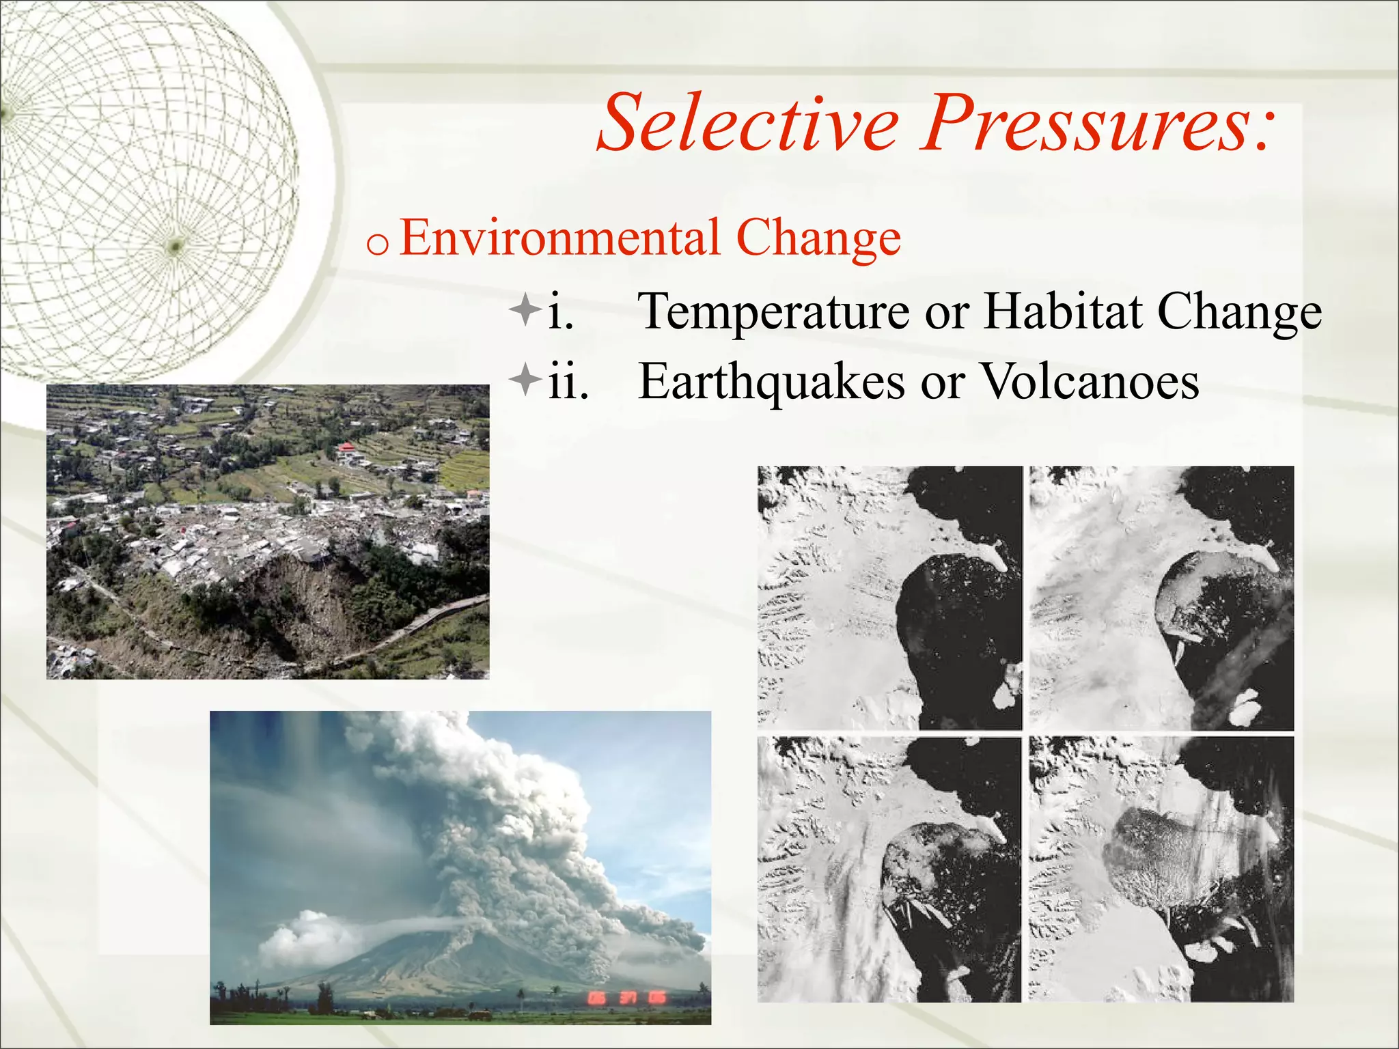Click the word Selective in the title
pyautogui.click(x=748, y=123)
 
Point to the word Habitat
pyautogui.click(x=1062, y=311)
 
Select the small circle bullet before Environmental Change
pyautogui.click(x=377, y=244)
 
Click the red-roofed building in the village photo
pyautogui.click(x=346, y=448)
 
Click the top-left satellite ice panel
pyautogui.click(x=889, y=598)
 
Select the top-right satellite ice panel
pyautogui.click(x=1161, y=598)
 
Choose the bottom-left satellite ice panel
pyautogui.click(x=889, y=869)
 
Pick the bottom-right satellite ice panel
pyautogui.click(x=1161, y=869)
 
